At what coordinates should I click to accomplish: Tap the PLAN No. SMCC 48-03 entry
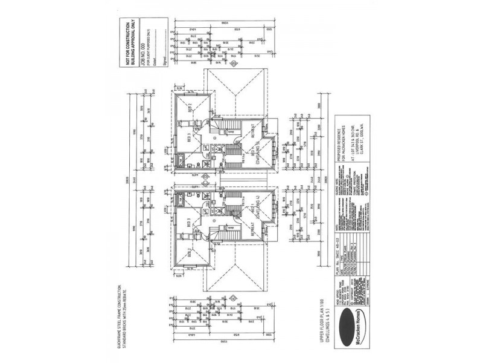click(x=342, y=258)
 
